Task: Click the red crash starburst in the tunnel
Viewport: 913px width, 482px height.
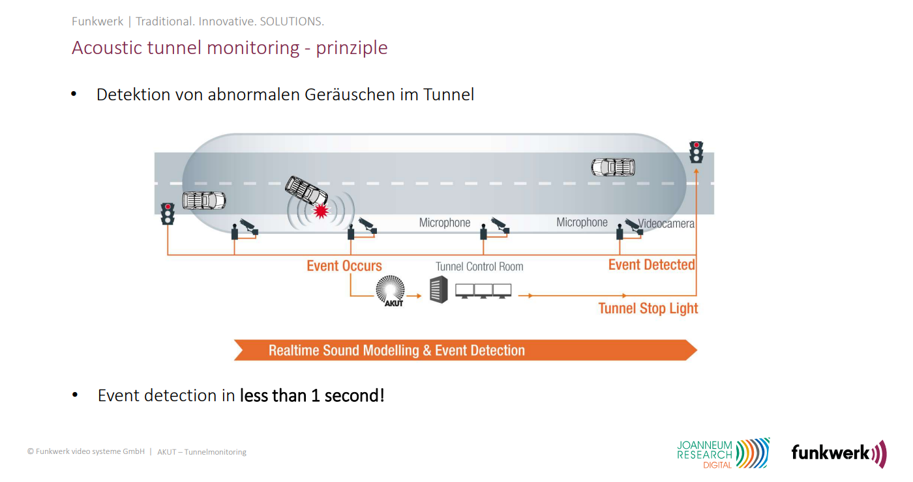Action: [321, 210]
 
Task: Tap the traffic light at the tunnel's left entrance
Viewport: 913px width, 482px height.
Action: [168, 214]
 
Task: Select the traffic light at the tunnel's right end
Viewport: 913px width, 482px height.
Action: [696, 152]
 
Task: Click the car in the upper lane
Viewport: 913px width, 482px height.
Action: [613, 167]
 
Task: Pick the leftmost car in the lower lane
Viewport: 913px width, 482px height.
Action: [203, 201]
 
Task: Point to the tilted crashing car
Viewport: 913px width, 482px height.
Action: [306, 190]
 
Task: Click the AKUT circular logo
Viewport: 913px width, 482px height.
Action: [391, 291]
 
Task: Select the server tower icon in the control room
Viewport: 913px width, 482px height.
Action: [438, 289]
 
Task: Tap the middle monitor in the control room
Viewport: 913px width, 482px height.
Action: [483, 291]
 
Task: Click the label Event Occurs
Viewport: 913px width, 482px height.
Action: [344, 266]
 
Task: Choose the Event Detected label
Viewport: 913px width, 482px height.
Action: [651, 264]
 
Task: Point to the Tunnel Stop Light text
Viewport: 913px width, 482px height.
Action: [648, 308]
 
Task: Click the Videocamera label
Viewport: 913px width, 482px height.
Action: [666, 223]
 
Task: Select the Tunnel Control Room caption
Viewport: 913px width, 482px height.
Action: [479, 266]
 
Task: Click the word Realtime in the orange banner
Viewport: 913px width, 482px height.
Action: [293, 350]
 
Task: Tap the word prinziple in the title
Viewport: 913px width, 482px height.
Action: [352, 48]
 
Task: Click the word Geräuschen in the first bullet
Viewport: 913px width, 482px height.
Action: [350, 94]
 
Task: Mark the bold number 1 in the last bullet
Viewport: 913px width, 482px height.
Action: [315, 396]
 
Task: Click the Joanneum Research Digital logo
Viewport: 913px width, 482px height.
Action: [723, 453]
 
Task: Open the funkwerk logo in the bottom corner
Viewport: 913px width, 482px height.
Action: [839, 453]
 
